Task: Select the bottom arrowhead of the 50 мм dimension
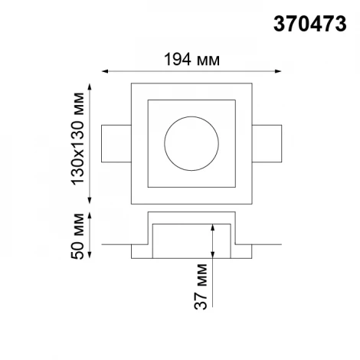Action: click(93, 255)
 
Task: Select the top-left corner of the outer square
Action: click(132, 83)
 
